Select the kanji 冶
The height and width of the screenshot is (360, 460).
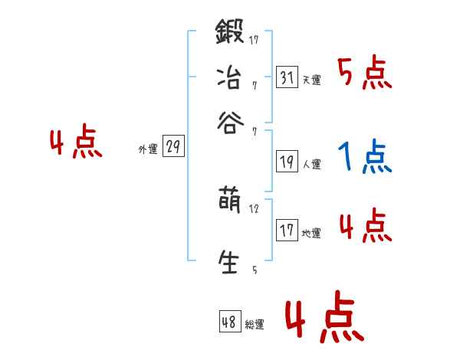229,77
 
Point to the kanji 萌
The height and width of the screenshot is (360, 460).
229,203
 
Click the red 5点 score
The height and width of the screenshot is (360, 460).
365,74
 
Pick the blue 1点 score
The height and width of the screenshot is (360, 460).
365,158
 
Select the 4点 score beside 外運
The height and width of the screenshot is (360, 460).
76,143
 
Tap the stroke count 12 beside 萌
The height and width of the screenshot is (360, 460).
255,208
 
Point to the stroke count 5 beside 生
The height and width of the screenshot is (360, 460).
254,270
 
